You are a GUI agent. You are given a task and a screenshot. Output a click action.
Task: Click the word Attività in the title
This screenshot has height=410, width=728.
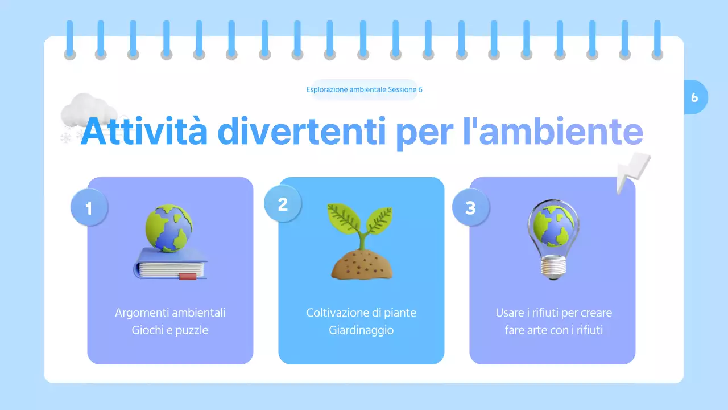coord(144,132)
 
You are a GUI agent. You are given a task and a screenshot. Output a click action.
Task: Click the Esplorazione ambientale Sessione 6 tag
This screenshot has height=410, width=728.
coord(364,89)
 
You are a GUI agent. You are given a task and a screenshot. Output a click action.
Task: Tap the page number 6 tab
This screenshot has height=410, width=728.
coord(694,97)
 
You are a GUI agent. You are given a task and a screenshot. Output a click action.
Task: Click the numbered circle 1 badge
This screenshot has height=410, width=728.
coord(89,208)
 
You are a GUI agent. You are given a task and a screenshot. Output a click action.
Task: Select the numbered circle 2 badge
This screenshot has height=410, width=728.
coord(283,204)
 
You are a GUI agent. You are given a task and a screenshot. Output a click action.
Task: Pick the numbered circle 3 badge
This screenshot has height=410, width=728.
coord(470,207)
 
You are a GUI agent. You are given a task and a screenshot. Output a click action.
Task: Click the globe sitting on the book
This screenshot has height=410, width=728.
coord(168,228)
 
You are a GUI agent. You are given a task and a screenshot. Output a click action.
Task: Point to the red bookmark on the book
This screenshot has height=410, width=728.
coord(188,277)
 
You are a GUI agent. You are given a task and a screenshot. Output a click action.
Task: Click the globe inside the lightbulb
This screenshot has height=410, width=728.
coord(553,227)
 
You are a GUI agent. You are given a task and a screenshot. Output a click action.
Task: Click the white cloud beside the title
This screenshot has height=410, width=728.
coord(86,110)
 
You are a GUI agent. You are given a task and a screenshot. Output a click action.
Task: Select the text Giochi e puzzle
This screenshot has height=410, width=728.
coord(170,330)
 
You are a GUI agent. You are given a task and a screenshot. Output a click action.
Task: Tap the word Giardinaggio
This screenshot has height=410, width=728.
coord(361,330)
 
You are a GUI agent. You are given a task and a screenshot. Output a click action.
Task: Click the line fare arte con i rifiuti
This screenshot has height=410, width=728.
coord(553,330)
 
